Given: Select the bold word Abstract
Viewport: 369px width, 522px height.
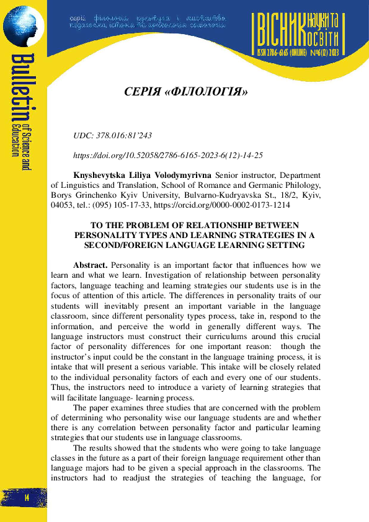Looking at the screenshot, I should [91, 265].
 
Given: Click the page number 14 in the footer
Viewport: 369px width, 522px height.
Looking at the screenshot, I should [27, 498].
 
